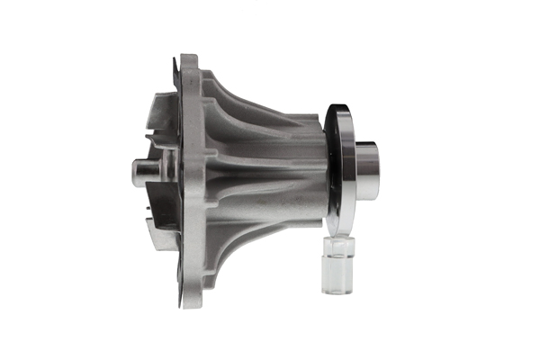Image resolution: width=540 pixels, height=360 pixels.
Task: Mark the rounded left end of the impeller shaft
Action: tap(133, 171)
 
